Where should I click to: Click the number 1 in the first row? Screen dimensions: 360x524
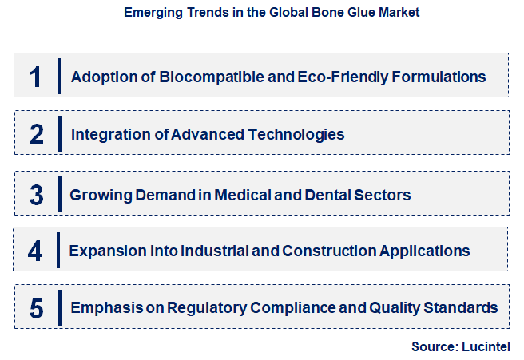[35, 77]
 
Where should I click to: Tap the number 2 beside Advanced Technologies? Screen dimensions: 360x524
[36, 134]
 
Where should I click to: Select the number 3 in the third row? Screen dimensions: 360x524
[36, 194]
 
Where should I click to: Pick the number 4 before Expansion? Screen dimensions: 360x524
[35, 251]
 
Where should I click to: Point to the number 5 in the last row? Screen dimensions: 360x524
[35, 307]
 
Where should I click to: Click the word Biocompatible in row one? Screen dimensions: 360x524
[204, 77]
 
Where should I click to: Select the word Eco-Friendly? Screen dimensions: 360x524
[326, 77]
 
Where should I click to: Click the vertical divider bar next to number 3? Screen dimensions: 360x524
[59, 195]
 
